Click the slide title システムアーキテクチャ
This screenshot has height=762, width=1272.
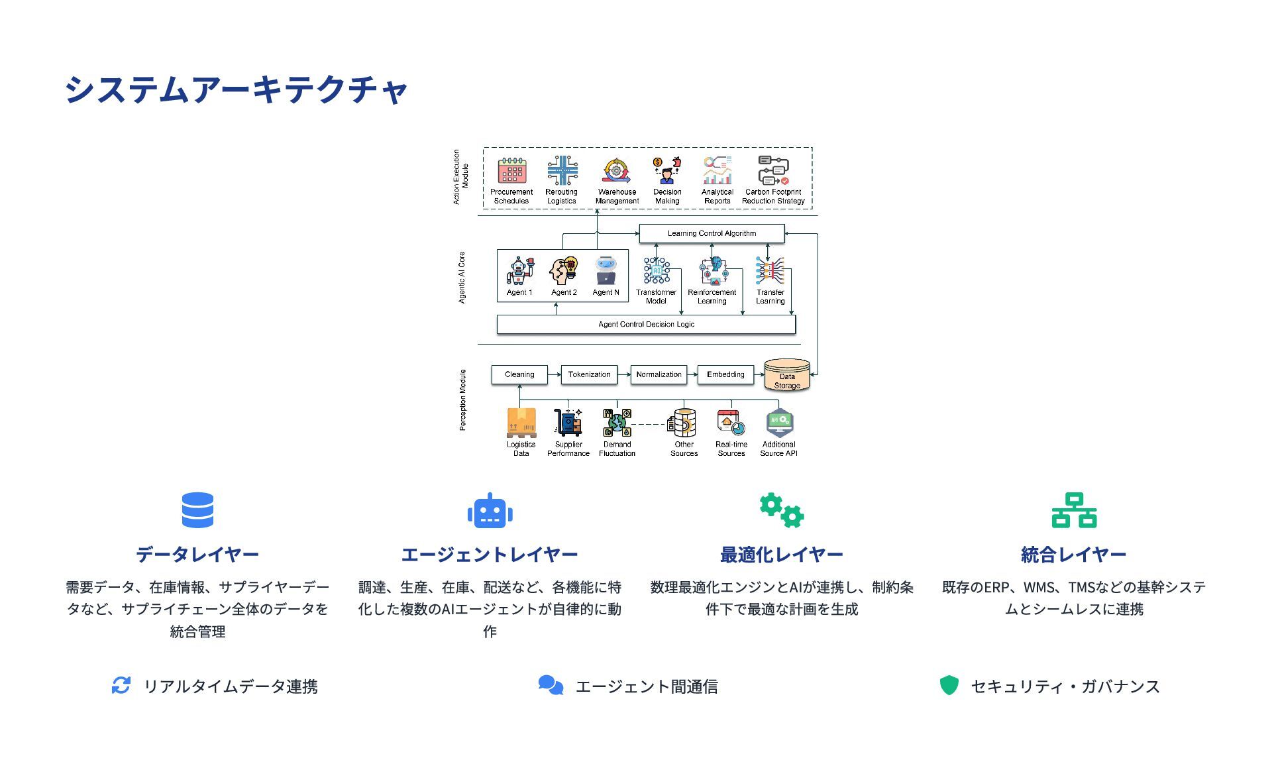pyautogui.click(x=236, y=89)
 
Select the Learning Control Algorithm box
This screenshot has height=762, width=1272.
pyautogui.click(x=712, y=233)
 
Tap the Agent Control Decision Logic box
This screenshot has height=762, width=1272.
pyautogui.click(x=646, y=324)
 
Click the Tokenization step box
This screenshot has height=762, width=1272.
pyautogui.click(x=589, y=374)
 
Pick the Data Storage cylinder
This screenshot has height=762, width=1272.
pyautogui.click(x=787, y=376)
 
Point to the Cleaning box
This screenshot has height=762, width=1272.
pyautogui.click(x=519, y=374)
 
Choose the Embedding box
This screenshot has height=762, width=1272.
pyautogui.click(x=725, y=374)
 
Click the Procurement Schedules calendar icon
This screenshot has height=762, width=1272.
pyautogui.click(x=511, y=171)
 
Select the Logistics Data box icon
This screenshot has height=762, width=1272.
pyautogui.click(x=521, y=423)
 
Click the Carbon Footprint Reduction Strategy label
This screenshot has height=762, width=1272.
pyautogui.click(x=773, y=197)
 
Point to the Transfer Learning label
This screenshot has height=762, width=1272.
pyautogui.click(x=770, y=297)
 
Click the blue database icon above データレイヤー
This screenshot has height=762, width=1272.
pyautogui.click(x=197, y=510)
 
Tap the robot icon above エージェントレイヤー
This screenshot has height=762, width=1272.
pyautogui.click(x=490, y=511)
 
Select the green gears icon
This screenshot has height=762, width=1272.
pyautogui.click(x=782, y=510)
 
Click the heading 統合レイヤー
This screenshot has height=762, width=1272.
pyautogui.click(x=1073, y=555)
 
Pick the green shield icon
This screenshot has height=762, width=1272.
pyautogui.click(x=949, y=685)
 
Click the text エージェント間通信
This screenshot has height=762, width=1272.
pyautogui.click(x=646, y=686)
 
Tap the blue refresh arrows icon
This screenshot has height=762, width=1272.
pyautogui.click(x=121, y=685)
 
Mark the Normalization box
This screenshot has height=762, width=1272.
pyautogui.click(x=659, y=374)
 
